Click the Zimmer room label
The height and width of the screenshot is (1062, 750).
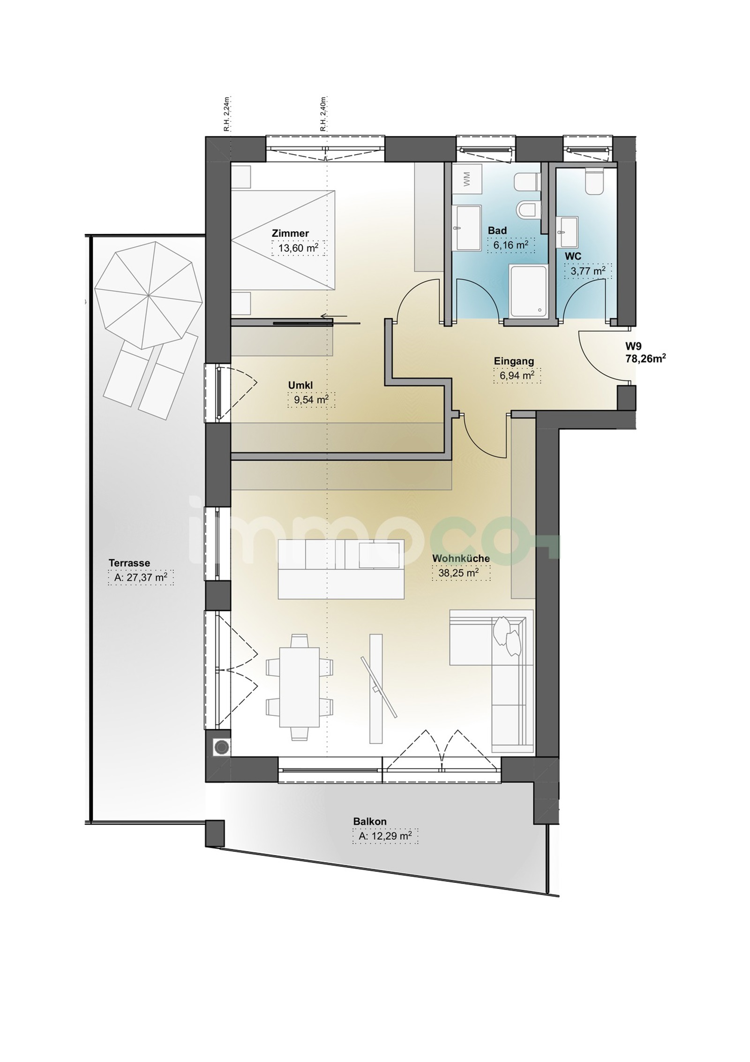point(290,233)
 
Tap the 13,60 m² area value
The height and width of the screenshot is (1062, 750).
point(299,248)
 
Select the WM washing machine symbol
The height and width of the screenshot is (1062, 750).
point(466,178)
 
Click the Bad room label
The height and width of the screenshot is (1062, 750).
point(497,231)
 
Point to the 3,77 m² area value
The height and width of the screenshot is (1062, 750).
point(588,271)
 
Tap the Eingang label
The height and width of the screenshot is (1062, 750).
point(514,361)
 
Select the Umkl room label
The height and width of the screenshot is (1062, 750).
point(300,385)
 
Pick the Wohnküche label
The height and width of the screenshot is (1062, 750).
point(461,558)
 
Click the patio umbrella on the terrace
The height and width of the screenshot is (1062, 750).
point(149,295)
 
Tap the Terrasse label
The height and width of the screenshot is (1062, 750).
point(129,562)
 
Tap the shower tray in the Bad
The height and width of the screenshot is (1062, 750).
point(528,290)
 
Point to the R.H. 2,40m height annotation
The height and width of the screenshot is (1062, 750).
point(323,114)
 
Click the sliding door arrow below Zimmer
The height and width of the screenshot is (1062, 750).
point(334,316)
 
